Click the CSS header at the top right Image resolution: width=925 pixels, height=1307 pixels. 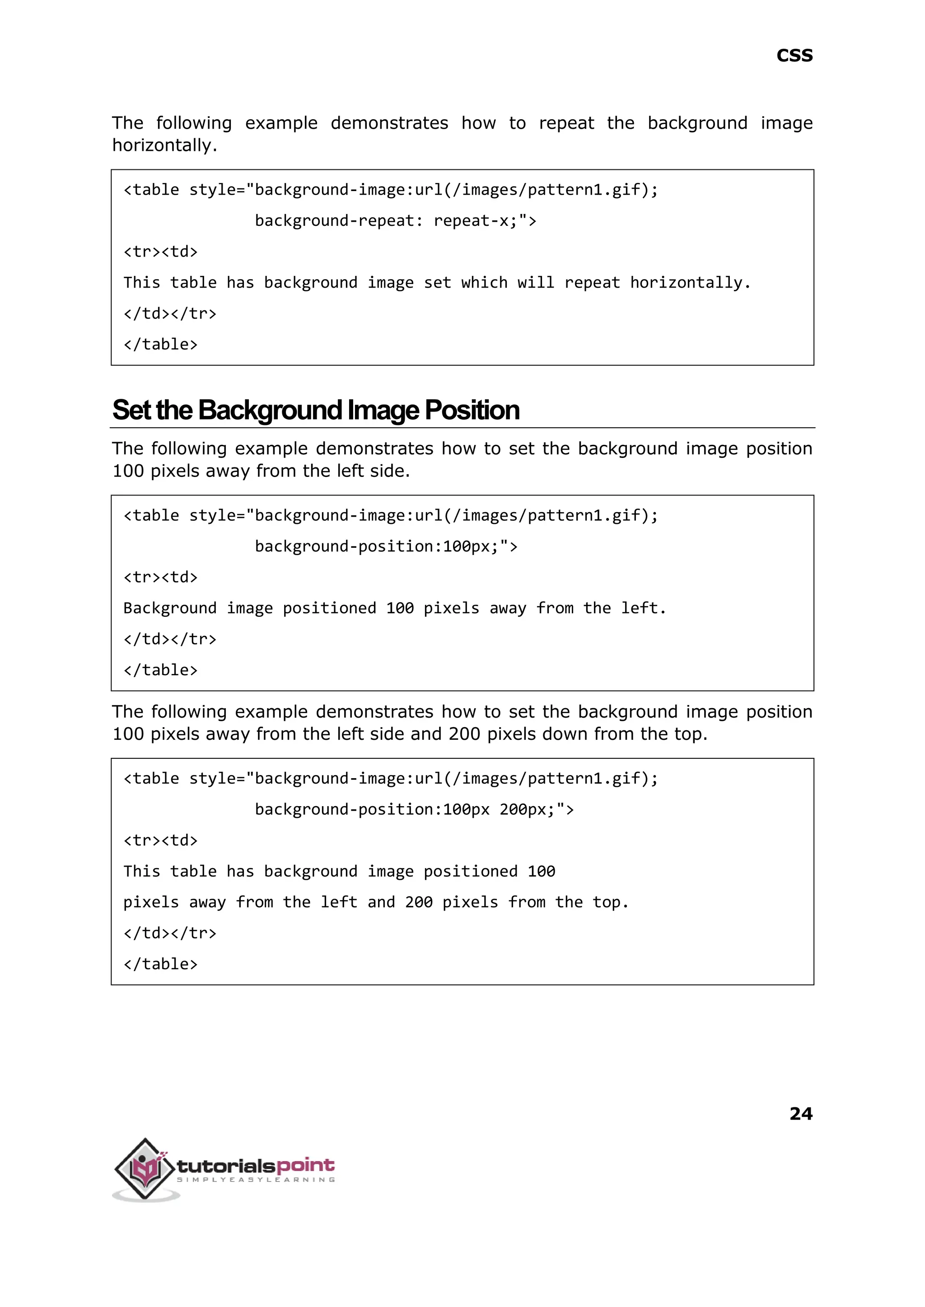[x=794, y=56]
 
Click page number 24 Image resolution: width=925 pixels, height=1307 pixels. [x=800, y=1113]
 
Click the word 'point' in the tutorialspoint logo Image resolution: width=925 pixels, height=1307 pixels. [x=305, y=1165]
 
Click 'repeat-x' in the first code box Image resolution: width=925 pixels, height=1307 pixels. [x=471, y=220]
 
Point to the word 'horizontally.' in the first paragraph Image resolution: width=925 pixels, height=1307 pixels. [x=164, y=145]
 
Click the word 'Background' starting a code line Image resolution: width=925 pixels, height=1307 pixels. [x=170, y=608]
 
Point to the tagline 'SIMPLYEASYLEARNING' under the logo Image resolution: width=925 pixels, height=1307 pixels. [x=256, y=1180]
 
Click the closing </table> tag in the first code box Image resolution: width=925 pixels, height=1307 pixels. [x=161, y=345]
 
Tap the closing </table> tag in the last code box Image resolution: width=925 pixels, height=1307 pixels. [x=161, y=964]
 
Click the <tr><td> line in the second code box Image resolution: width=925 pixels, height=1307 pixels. [x=161, y=578]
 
